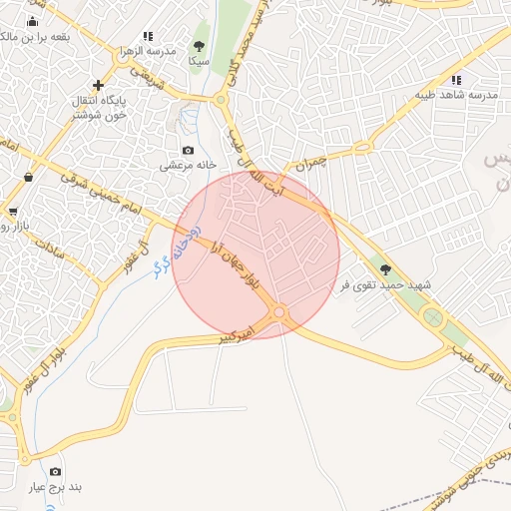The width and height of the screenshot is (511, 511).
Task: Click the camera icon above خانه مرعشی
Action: pyautogui.click(x=188, y=151)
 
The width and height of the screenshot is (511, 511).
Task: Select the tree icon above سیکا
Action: pyautogui.click(x=200, y=46)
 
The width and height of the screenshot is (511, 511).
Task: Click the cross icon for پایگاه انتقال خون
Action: pyautogui.click(x=98, y=86)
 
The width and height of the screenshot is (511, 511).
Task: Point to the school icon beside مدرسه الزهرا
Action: pyautogui.click(x=149, y=36)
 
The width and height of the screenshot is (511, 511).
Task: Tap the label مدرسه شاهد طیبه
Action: pyautogui.click(x=456, y=95)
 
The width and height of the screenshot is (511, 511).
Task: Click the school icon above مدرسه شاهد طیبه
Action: pyautogui.click(x=456, y=80)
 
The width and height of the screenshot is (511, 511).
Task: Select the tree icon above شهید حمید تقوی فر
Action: pyautogui.click(x=385, y=269)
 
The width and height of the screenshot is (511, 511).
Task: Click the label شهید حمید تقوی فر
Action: pyautogui.click(x=387, y=285)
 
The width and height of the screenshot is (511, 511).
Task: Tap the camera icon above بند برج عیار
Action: pyautogui.click(x=54, y=471)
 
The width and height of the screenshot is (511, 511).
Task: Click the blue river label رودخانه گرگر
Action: pyautogui.click(x=177, y=250)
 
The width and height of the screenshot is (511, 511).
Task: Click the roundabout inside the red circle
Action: pyautogui.click(x=279, y=313)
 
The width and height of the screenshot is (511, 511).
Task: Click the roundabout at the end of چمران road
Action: pyautogui.click(x=362, y=148)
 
